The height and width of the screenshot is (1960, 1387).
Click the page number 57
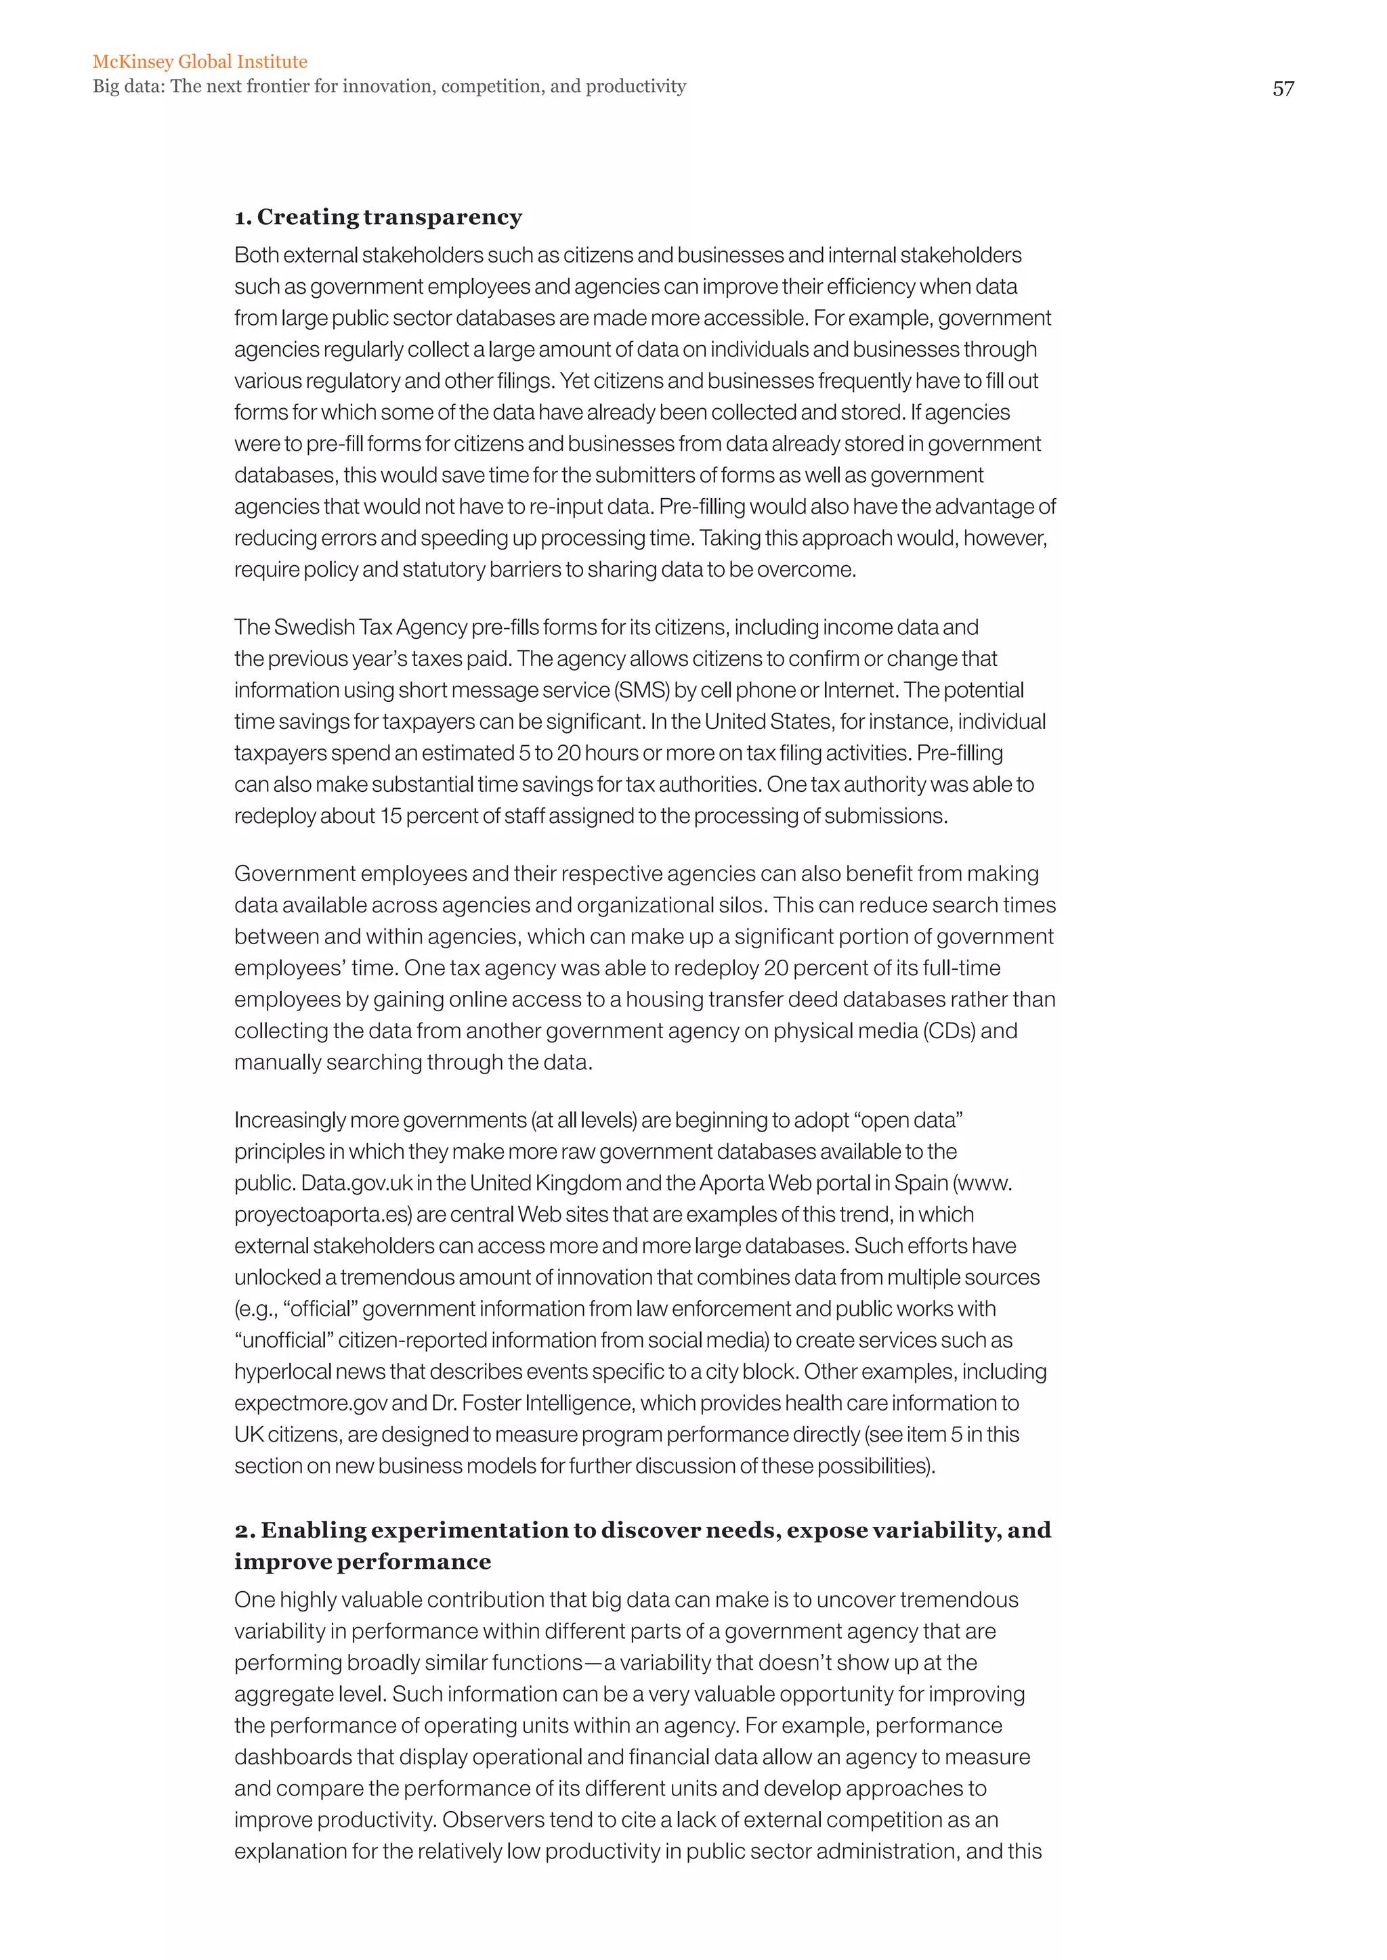1283,89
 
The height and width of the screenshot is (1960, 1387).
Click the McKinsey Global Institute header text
200,62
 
